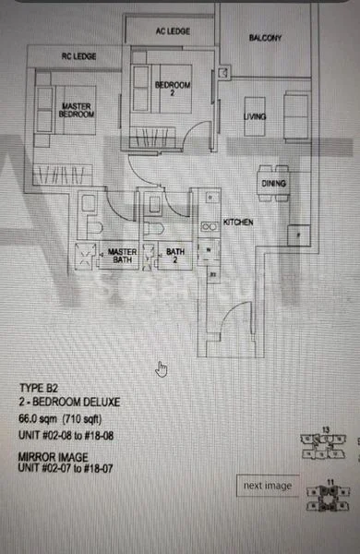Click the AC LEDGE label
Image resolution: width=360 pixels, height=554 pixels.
click(173, 31)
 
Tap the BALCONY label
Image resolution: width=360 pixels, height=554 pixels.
click(266, 38)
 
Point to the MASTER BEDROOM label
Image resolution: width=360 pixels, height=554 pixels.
click(76, 110)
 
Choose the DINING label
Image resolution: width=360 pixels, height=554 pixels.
click(273, 184)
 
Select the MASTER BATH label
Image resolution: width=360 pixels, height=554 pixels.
click(121, 256)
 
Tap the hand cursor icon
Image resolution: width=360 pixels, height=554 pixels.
click(162, 369)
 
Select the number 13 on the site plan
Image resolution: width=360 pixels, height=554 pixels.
click(325, 430)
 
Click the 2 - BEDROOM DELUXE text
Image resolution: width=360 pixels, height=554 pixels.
click(68, 403)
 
